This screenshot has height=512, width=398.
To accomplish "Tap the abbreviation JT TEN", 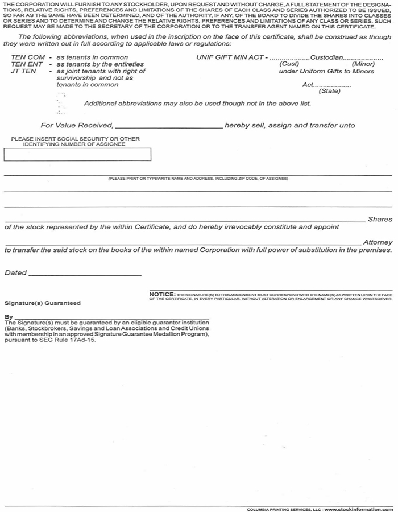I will tap(23, 71).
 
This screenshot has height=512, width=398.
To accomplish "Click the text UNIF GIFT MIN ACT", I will tap(229, 57).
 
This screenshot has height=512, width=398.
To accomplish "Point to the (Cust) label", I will tap(289, 64).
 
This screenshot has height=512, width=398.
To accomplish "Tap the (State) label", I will tap(329, 91).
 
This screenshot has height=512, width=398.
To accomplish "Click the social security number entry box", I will tap(77, 154).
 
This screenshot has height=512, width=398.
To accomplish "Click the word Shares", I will tap(380, 219).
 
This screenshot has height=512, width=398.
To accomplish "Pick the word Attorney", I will tap(378, 242).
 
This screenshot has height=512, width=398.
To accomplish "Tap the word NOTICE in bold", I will tap(162, 294).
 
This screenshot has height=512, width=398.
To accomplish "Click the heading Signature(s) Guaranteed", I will tap(43, 303).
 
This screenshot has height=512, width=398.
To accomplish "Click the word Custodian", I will tap(327, 57).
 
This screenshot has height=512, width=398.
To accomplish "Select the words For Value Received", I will tap(77, 126).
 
